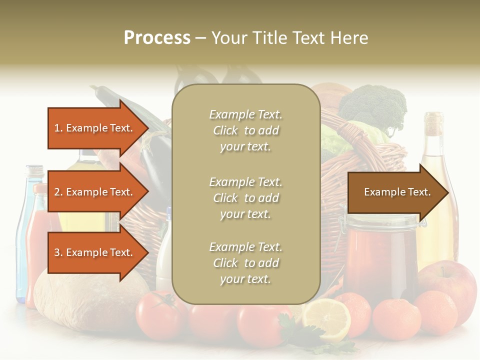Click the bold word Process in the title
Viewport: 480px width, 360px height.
157,38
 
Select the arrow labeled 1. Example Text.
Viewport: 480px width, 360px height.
95,128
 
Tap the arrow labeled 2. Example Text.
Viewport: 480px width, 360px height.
95,192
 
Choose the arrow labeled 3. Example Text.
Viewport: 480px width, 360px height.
95,252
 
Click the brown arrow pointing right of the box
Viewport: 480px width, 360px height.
397,192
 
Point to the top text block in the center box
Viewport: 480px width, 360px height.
245,130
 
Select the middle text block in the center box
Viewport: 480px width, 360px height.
245,197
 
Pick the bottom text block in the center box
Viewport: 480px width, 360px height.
245,263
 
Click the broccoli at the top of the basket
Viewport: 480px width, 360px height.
372,105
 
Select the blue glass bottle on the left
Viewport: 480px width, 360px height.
24,235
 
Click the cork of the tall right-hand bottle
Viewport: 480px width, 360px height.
433,120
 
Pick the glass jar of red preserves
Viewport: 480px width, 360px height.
380,255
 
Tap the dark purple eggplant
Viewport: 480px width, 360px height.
155,165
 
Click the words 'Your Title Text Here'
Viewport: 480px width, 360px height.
289,38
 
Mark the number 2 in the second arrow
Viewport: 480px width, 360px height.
57,192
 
